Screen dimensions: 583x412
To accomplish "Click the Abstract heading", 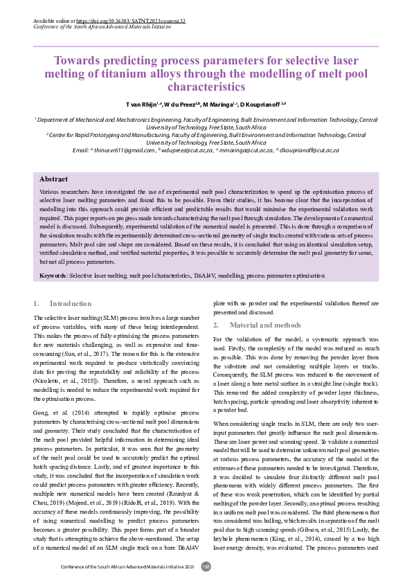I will tap(53, 179).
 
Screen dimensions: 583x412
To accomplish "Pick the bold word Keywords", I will tap(53, 276).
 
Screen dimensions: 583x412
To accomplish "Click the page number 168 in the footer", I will tap(206, 567).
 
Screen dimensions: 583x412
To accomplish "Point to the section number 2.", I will tap(215, 325).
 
